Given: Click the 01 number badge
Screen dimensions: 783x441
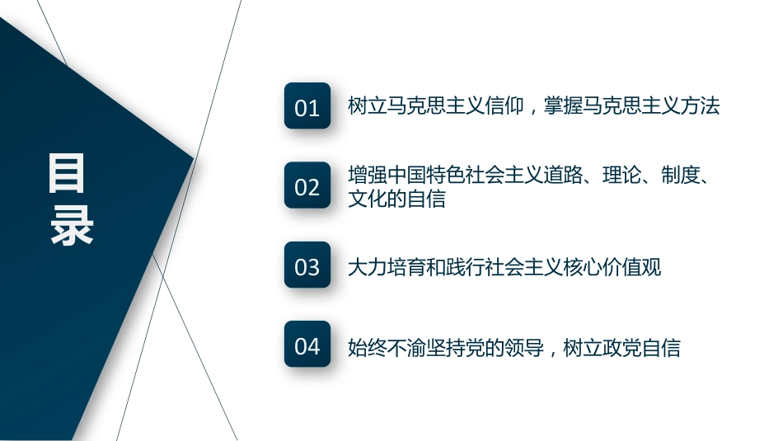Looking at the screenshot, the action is tap(307, 106).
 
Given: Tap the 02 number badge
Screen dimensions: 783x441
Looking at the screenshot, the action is tap(307, 185).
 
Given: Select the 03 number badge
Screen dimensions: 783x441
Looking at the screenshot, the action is tap(307, 265).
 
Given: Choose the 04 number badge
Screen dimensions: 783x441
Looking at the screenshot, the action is tap(307, 344).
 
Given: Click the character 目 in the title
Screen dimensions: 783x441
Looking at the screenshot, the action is tap(67, 173).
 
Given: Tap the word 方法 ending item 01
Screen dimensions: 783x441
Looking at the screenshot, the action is tap(700, 106).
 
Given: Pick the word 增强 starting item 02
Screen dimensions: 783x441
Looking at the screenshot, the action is tap(368, 175).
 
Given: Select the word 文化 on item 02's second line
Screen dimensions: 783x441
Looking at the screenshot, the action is tap(368, 199).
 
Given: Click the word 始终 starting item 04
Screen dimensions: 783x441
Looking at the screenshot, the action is tap(368, 348).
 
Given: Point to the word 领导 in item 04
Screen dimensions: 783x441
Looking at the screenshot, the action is tap(524, 348).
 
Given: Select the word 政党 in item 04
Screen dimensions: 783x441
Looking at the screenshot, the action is tap(621, 348).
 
